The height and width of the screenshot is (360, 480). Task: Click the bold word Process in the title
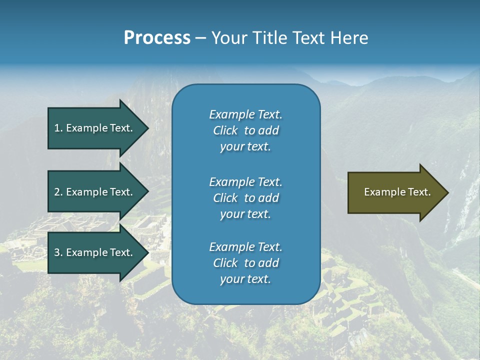(x=157, y=38)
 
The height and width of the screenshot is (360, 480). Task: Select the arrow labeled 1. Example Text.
(x=95, y=128)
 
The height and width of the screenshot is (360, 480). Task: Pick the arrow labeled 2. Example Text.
(x=95, y=192)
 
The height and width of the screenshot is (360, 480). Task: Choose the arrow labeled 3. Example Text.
(x=95, y=252)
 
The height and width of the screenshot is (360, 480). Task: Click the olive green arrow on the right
(x=395, y=192)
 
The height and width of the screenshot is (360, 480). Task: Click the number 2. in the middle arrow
(x=58, y=192)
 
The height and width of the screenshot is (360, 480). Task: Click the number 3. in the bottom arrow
(x=58, y=252)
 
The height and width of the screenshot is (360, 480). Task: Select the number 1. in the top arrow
(x=58, y=128)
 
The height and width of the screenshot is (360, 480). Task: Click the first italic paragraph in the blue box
(x=245, y=130)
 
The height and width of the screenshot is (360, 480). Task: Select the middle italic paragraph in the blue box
(x=245, y=198)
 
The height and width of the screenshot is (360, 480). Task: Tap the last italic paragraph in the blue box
(x=245, y=263)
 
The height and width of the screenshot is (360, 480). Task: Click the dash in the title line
(x=200, y=38)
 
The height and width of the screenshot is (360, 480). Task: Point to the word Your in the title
(x=227, y=38)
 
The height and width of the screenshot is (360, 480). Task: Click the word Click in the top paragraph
(x=225, y=130)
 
